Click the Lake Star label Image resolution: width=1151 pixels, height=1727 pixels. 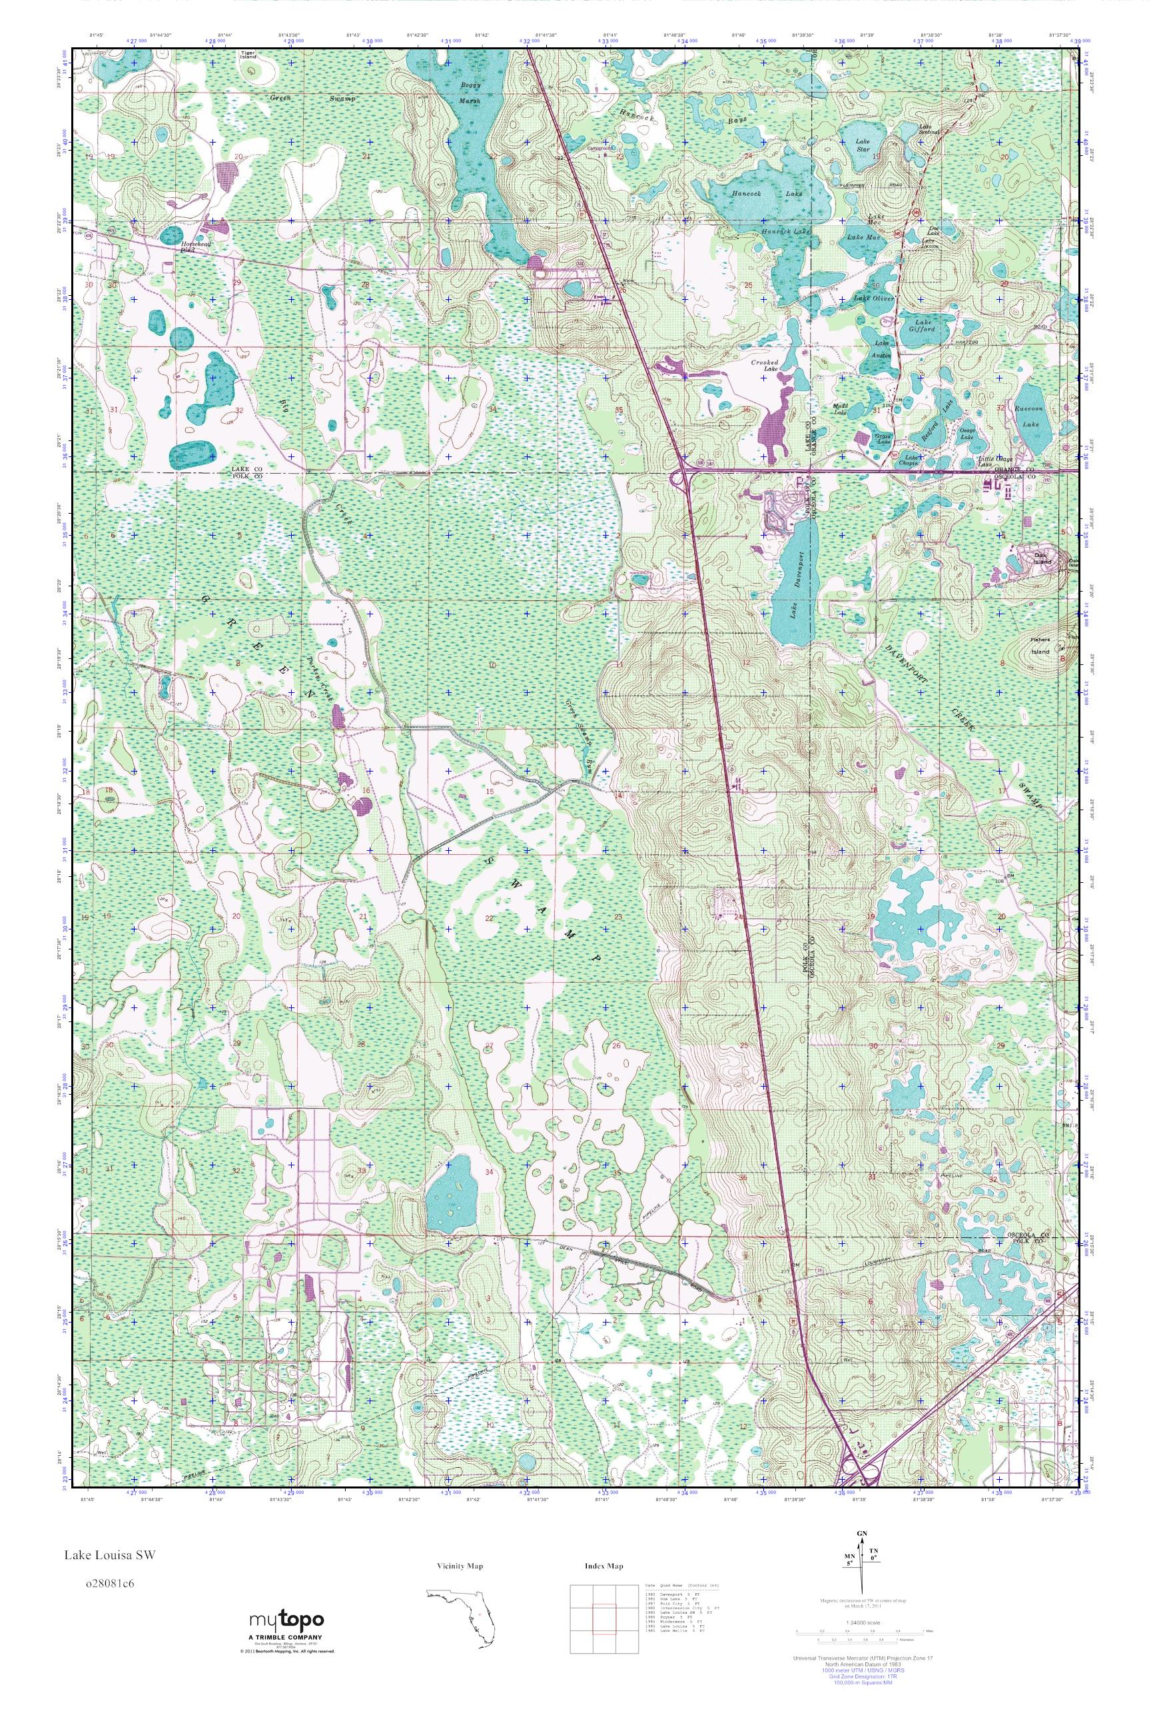863,145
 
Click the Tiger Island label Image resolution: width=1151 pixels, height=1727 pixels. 249,56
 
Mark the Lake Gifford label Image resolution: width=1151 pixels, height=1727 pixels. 924,326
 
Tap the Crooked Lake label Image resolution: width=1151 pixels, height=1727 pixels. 764,366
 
